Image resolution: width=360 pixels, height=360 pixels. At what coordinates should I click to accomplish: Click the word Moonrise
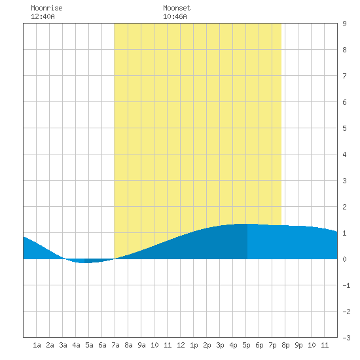46,8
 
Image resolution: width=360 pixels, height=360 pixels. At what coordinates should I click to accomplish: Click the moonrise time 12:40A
43,16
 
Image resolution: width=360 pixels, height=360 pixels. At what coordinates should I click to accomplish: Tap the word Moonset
177,8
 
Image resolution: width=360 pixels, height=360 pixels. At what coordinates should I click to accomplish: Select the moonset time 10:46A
175,16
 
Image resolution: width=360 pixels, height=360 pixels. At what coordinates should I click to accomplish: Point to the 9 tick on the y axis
344,24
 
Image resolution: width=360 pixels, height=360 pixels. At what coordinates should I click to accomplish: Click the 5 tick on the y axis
344,128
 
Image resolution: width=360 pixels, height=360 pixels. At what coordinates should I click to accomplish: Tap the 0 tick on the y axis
344,259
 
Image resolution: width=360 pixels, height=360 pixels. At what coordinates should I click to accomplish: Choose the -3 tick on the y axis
346,338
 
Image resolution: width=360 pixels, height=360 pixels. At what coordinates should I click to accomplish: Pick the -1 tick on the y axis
346,285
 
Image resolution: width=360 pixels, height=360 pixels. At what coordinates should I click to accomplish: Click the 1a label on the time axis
37,345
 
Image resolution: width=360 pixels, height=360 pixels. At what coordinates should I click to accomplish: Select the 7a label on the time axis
115,345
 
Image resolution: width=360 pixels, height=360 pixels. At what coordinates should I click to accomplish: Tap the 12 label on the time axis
181,345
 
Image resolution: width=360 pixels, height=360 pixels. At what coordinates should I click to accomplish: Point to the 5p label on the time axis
246,345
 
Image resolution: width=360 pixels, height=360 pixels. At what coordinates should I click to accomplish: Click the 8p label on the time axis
285,345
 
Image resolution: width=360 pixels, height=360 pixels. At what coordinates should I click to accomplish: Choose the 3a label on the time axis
63,345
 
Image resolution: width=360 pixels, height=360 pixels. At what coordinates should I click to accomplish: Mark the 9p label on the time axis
298,345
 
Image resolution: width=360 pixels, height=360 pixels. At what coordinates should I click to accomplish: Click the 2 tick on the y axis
344,207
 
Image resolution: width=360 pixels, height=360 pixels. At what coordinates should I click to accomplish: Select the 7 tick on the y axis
344,76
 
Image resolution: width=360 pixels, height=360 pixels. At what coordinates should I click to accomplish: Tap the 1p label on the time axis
194,345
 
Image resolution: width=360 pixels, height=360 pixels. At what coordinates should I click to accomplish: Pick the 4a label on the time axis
76,345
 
